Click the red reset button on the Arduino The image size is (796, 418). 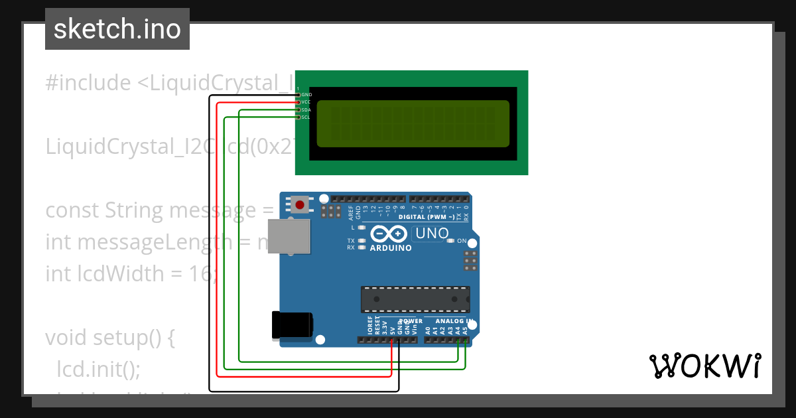tap(300, 204)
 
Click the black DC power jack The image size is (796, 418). tap(292, 325)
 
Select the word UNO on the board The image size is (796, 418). tap(432, 234)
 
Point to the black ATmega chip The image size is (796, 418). tap(415, 299)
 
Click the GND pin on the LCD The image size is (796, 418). tap(298, 95)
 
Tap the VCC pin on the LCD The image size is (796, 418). tap(298, 102)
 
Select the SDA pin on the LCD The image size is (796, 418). tap(298, 109)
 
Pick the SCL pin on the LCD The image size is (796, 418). tap(298, 117)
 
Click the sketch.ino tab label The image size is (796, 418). tap(117, 29)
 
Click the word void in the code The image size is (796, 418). tap(69, 338)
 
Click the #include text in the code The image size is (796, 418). tap(88, 83)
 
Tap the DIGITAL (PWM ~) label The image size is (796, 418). tap(427, 217)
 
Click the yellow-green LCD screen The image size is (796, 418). tap(413, 123)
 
